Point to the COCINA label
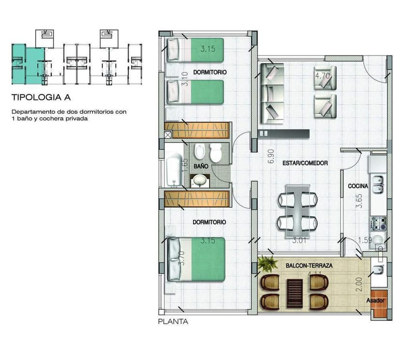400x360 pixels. pos(358,186)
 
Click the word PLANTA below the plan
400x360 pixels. pos(173,321)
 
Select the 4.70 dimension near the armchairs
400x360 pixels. pos(322,76)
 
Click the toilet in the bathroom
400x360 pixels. pos(215,153)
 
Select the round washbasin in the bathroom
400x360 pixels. pos(199,181)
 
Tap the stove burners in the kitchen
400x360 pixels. pos(377,223)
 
